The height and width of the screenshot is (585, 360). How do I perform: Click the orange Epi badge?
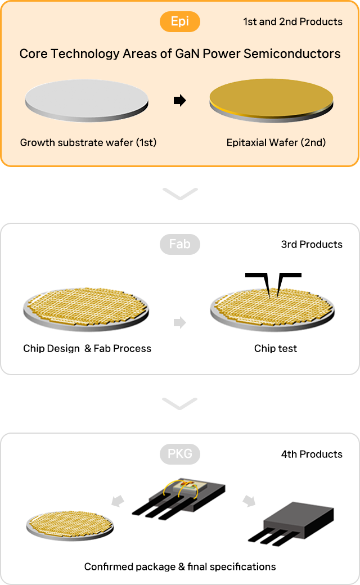click(x=180, y=21)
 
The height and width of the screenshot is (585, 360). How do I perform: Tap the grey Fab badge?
click(x=180, y=244)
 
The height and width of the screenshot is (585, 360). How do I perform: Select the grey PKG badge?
click(x=180, y=454)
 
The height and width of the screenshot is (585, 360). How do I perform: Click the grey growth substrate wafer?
click(x=87, y=100)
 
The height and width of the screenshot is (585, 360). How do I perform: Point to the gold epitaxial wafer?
click(x=271, y=100)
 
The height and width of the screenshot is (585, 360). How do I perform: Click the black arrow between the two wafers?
click(x=180, y=100)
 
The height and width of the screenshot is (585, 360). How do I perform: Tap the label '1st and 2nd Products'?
click(x=293, y=21)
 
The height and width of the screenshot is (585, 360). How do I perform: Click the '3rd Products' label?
click(x=312, y=244)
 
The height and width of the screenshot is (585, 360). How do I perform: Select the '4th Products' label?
click(x=312, y=454)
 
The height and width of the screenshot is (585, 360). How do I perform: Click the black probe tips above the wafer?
click(x=273, y=285)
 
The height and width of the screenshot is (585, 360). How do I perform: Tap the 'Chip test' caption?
click(x=276, y=348)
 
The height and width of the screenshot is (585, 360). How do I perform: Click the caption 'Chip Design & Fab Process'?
click(x=87, y=348)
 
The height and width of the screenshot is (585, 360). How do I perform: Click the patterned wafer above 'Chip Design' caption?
click(x=86, y=309)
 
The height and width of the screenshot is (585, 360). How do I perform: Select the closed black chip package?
click(x=291, y=525)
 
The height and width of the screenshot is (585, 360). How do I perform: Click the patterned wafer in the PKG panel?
click(x=70, y=526)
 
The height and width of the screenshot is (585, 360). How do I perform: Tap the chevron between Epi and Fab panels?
click(x=180, y=194)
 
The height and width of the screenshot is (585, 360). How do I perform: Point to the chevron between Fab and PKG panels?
click(x=180, y=404)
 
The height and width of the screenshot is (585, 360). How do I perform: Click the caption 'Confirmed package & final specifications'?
click(x=180, y=567)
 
